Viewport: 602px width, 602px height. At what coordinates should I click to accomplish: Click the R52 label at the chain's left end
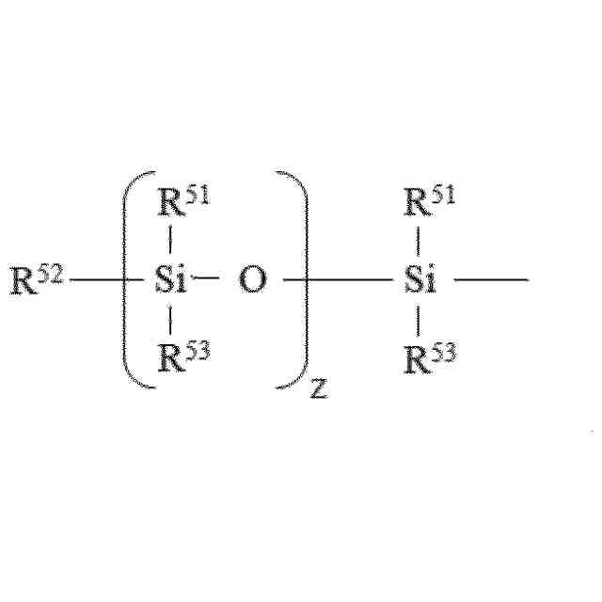(x=36, y=280)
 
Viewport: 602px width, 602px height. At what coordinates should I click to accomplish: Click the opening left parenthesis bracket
(x=133, y=280)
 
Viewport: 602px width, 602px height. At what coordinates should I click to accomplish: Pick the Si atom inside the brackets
(x=170, y=280)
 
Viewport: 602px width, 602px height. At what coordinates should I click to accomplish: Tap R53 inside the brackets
(x=180, y=358)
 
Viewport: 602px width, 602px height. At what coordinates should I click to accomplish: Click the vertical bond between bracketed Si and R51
(x=169, y=243)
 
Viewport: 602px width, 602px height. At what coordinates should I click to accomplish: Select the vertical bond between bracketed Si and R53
(x=169, y=320)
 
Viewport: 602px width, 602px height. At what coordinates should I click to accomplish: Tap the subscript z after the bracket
(x=319, y=388)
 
